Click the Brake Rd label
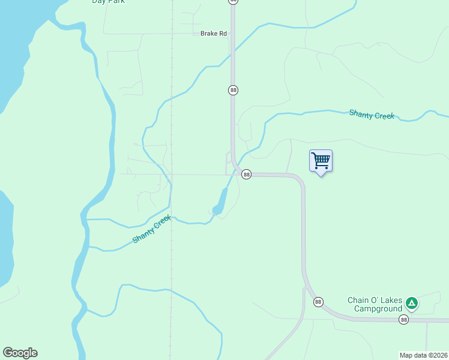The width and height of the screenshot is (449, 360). [x=214, y=34]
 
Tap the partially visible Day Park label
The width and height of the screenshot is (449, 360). [x=108, y=2]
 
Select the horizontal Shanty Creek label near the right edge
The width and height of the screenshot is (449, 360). [x=372, y=114]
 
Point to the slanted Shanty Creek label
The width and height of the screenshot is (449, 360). [x=152, y=229]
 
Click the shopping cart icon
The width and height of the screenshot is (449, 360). [x=321, y=160]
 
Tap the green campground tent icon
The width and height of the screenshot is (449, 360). [x=412, y=303]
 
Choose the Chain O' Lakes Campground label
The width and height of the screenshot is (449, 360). [x=375, y=304]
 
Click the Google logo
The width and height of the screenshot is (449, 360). [x=20, y=353]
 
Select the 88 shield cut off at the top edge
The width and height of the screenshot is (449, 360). [x=233, y=1]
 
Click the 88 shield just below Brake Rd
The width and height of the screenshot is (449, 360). [x=233, y=90]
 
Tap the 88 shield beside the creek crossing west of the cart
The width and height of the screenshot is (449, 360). [x=246, y=174]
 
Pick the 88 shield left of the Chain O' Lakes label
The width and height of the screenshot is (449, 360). [x=318, y=301]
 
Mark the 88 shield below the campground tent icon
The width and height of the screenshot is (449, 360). [x=403, y=320]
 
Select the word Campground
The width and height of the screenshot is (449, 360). [x=377, y=309]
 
